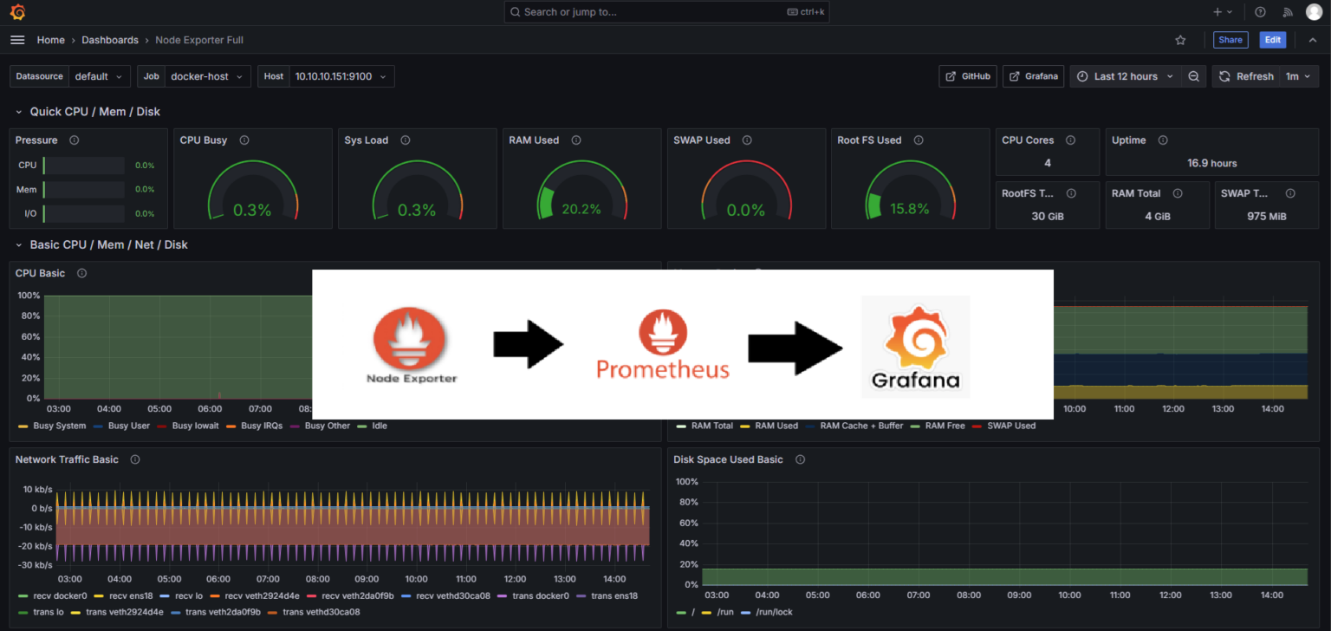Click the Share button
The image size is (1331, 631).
(x=1230, y=40)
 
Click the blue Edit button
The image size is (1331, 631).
(x=1272, y=40)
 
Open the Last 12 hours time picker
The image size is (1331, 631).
(x=1125, y=76)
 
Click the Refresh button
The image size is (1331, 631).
(x=1246, y=76)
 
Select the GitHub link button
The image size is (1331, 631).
(x=968, y=76)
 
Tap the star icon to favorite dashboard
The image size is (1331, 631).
(x=1180, y=40)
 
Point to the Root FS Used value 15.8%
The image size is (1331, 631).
(x=909, y=209)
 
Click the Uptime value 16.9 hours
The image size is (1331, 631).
(x=1211, y=163)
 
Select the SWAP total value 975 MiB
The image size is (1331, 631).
(x=1265, y=216)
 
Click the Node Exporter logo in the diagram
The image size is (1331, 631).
(x=411, y=344)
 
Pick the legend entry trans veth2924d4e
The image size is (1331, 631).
(x=124, y=612)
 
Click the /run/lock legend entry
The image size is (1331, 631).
(x=773, y=612)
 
